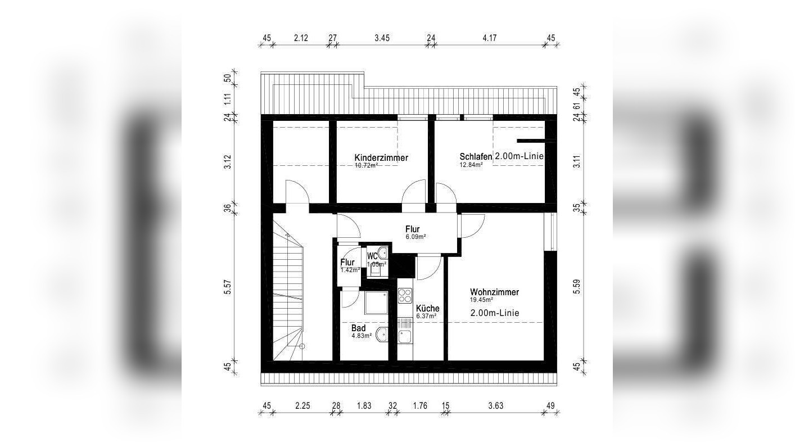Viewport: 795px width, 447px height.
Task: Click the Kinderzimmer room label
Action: click(381, 157)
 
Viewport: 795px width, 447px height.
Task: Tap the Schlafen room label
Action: click(476, 156)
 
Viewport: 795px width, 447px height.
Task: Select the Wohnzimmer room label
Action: click(494, 292)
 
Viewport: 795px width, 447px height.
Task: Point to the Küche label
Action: click(428, 308)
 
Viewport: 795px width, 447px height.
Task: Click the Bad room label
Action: click(359, 328)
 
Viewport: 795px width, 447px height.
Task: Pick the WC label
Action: click(372, 256)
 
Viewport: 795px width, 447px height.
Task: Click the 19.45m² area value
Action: click(481, 300)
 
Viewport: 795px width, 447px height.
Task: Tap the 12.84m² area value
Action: click(471, 165)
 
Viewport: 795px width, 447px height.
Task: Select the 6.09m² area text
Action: click(416, 237)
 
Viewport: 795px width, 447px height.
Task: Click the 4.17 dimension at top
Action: click(489, 38)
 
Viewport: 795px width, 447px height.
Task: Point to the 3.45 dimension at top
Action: click(382, 38)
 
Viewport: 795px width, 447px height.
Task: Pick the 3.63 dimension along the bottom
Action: click(495, 405)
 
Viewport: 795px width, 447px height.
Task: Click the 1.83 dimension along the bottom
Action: click(364, 405)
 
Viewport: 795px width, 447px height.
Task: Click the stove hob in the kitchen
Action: click(405, 296)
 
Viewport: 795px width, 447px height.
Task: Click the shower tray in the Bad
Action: click(376, 303)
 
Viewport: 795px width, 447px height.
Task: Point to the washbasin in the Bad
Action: click(382, 334)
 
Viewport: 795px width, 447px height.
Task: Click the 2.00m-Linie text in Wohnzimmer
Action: click(495, 313)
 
